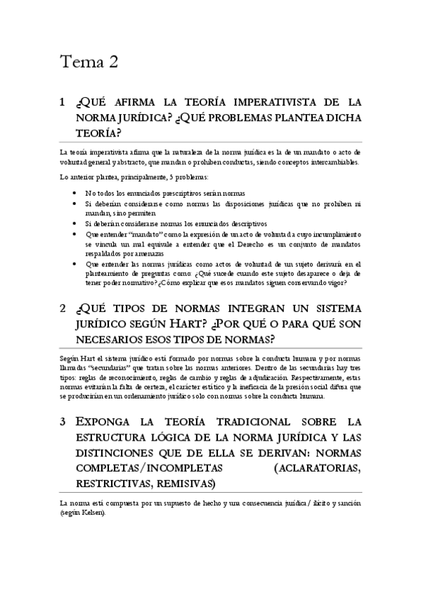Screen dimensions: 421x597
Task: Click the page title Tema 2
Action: point(88,62)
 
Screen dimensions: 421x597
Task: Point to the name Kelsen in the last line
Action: point(91,513)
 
